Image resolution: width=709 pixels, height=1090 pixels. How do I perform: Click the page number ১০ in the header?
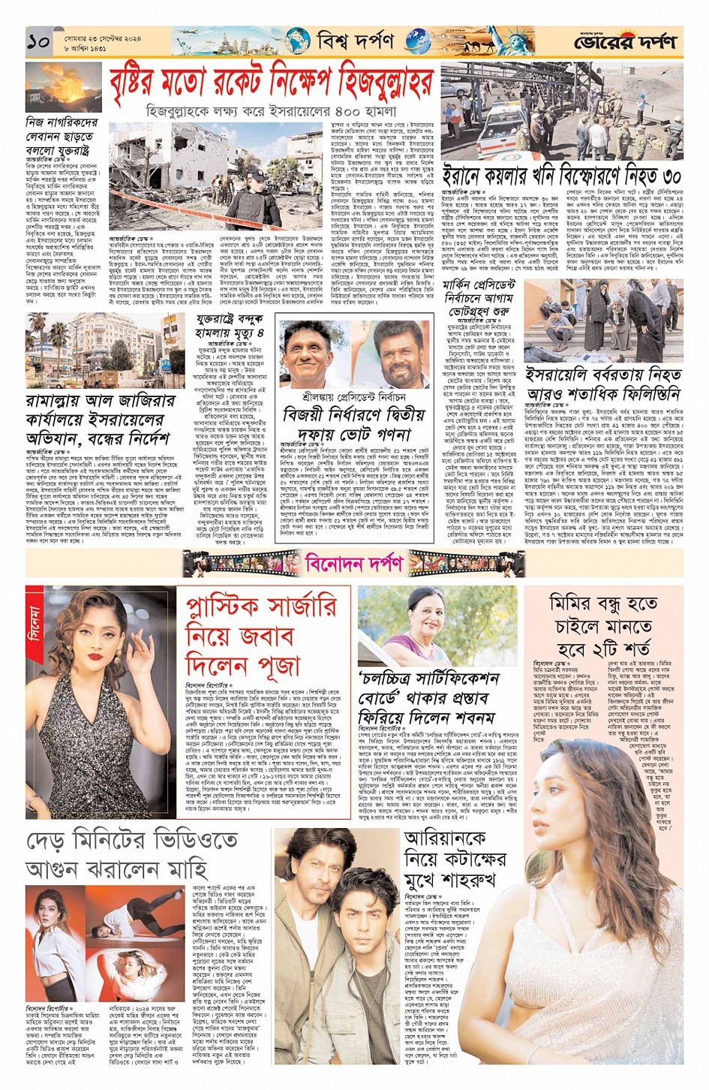pyautogui.click(x=39, y=41)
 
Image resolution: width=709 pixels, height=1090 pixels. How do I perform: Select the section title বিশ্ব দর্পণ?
pyautogui.click(x=355, y=41)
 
